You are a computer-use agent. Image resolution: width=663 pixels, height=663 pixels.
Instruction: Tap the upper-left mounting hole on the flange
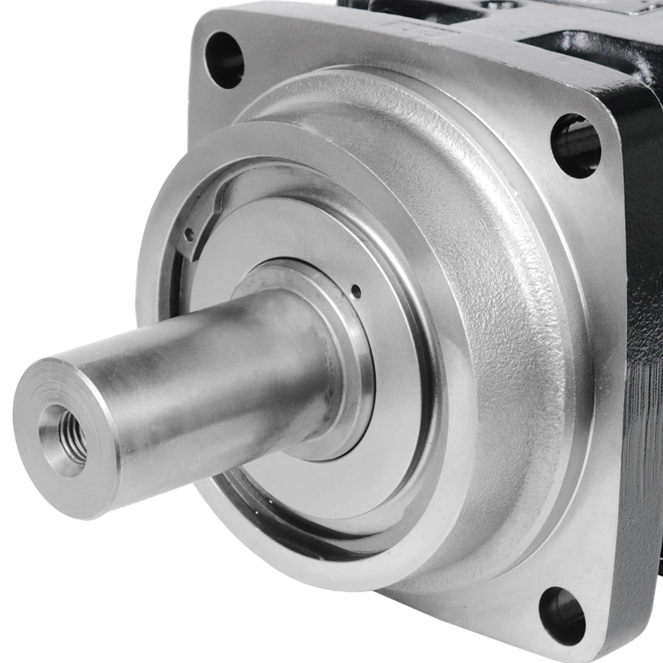click(x=224, y=60)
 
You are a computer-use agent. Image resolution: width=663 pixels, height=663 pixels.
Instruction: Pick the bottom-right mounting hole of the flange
click(x=562, y=615)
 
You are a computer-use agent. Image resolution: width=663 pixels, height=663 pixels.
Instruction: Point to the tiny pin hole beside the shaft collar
click(x=356, y=290)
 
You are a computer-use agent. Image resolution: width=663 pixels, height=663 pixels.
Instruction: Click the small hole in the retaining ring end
click(x=190, y=234)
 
